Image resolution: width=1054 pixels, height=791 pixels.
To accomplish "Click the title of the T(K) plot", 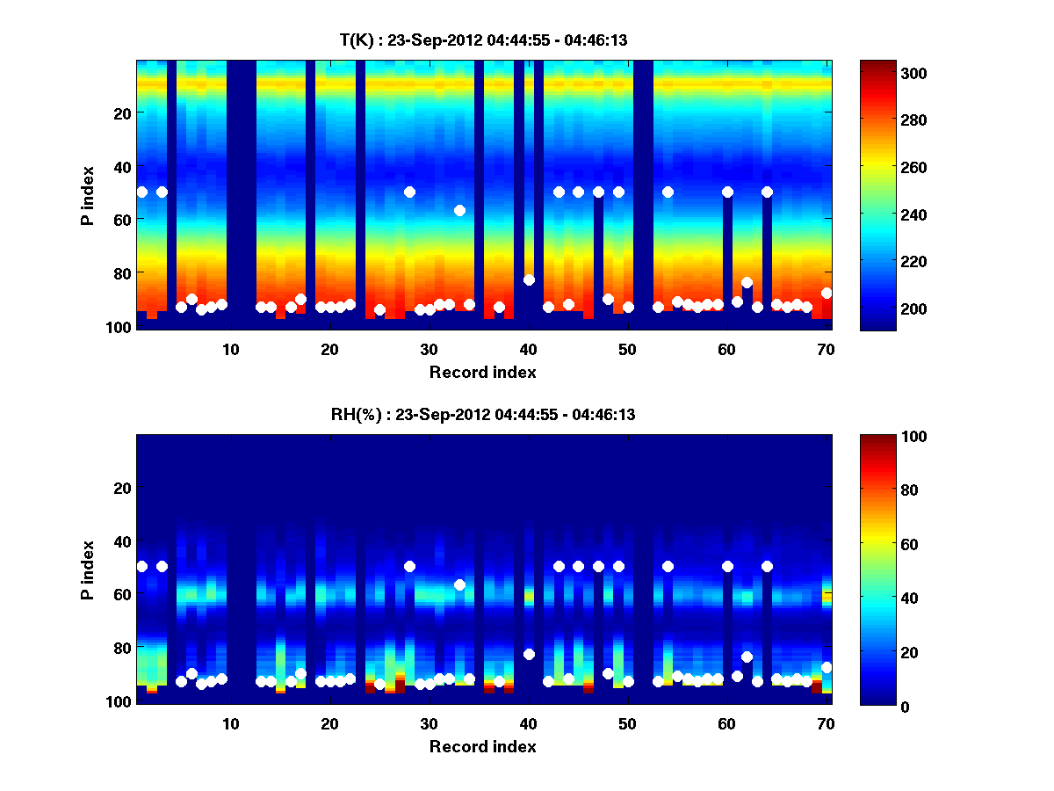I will (483, 40).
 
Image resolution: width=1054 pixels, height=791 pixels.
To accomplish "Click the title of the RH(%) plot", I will (483, 414).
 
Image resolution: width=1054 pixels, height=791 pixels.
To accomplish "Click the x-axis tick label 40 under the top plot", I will (528, 349).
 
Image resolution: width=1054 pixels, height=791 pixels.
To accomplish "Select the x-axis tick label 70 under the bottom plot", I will (826, 723).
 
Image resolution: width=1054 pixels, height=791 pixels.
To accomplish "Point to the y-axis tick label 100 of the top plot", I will (119, 327).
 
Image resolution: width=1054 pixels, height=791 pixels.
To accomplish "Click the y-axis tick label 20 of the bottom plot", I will (123, 488).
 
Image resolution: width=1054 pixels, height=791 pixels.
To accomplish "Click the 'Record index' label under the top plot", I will (483, 373).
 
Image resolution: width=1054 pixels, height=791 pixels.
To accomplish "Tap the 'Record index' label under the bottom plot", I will (483, 747).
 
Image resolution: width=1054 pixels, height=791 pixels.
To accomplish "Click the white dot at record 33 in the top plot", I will (459, 210).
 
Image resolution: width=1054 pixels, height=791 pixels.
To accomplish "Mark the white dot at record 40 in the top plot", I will (529, 280).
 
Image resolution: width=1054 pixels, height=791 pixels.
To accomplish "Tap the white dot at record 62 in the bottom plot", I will (747, 657).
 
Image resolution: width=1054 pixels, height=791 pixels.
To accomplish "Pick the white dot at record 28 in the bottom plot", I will (409, 566).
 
